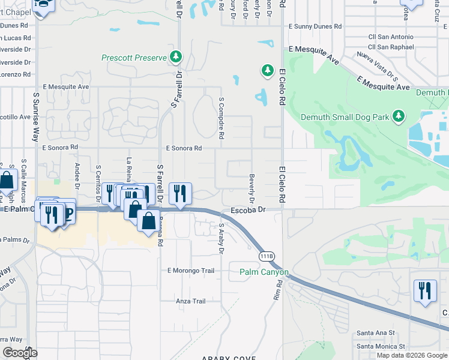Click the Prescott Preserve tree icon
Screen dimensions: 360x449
(176, 58)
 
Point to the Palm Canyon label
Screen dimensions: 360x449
(264, 272)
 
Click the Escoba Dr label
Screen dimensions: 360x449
(248, 211)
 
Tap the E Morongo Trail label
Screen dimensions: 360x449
(190, 271)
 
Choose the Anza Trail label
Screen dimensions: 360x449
(191, 301)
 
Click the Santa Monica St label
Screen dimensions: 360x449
(381, 346)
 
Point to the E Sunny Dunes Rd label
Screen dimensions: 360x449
(315, 27)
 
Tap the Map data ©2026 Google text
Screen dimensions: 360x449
(412, 355)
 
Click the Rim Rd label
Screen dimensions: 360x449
(277, 290)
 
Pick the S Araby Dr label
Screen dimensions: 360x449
(221, 239)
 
